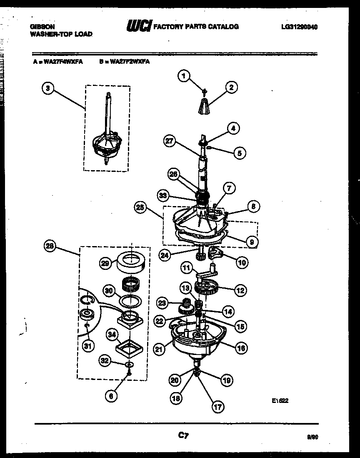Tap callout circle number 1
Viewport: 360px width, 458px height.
coord(182,75)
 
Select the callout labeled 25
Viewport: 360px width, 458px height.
coord(140,206)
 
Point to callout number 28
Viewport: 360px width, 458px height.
coord(50,246)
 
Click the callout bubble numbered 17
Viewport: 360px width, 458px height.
coord(217,407)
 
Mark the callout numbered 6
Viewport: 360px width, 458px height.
coord(110,396)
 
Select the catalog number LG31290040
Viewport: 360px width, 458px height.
coord(299,27)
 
